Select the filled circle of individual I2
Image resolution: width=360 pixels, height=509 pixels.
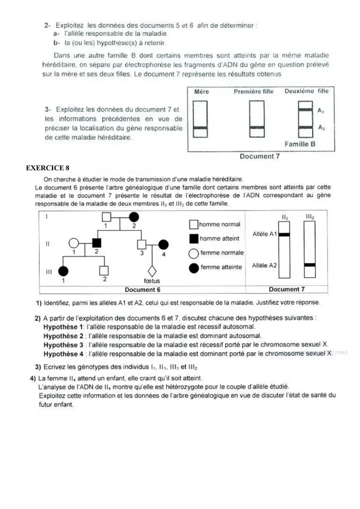(x=134, y=217)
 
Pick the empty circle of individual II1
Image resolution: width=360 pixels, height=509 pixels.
(x=73, y=244)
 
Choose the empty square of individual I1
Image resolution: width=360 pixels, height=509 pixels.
(x=105, y=217)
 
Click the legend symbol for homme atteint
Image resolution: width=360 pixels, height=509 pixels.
(x=194, y=239)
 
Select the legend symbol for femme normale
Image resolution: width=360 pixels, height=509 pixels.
(x=194, y=253)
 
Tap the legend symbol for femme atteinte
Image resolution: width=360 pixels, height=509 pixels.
(x=194, y=267)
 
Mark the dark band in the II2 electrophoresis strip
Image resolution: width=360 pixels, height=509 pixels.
(x=284, y=234)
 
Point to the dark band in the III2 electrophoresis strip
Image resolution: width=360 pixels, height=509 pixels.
(x=309, y=264)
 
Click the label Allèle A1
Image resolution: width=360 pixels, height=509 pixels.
(x=264, y=234)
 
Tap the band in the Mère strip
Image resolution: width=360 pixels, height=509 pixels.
(x=200, y=128)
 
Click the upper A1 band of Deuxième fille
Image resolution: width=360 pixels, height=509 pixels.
(x=305, y=109)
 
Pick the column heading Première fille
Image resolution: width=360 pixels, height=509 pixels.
(x=253, y=91)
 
